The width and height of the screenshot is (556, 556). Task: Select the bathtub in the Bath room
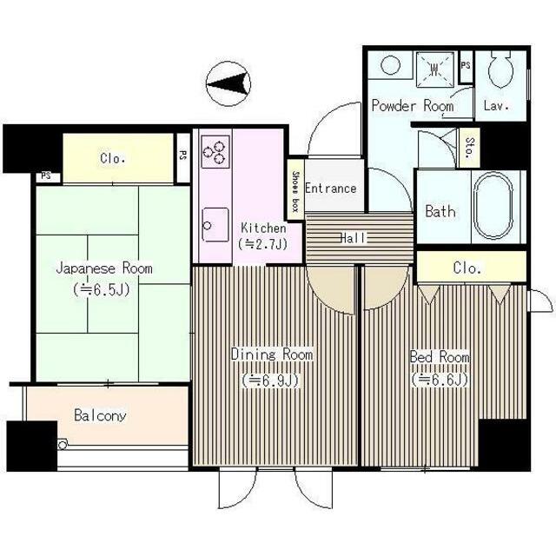[x=493, y=206]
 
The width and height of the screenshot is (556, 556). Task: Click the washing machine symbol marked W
[x=434, y=69]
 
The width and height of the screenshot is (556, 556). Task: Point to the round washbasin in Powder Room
[x=391, y=65]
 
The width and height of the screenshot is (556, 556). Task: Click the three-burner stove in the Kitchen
[x=215, y=151]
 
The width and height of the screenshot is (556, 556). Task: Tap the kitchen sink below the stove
[x=215, y=224]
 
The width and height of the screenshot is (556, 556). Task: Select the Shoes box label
[x=295, y=191]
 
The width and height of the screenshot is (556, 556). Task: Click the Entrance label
[x=330, y=188]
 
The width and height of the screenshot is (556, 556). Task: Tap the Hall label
[x=353, y=238]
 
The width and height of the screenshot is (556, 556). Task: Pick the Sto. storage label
[x=469, y=147]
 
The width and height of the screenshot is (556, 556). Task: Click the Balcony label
[x=100, y=415]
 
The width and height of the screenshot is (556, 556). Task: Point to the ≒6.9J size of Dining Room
[x=271, y=381]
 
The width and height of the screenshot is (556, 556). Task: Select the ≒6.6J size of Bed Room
[x=440, y=380]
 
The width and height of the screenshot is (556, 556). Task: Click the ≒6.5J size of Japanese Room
[x=103, y=289]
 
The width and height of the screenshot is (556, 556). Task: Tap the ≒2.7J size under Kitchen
[x=263, y=244]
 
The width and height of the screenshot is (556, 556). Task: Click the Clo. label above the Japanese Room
[x=112, y=158]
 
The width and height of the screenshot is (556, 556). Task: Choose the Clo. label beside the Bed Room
[x=467, y=268]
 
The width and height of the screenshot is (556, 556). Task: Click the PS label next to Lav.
[x=466, y=65]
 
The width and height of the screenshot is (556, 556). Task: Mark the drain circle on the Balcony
[x=63, y=445]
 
